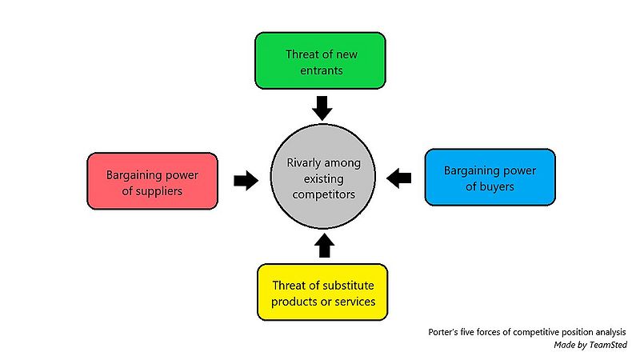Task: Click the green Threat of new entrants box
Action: (x=320, y=61)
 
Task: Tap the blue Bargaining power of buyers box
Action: (x=489, y=178)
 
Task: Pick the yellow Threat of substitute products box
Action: (x=322, y=292)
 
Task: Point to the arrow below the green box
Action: (x=322, y=106)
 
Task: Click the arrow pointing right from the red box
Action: (x=245, y=180)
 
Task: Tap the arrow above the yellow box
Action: (x=323, y=245)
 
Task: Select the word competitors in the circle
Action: (x=324, y=194)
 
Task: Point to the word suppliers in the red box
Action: (x=160, y=190)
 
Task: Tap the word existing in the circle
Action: (x=324, y=178)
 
